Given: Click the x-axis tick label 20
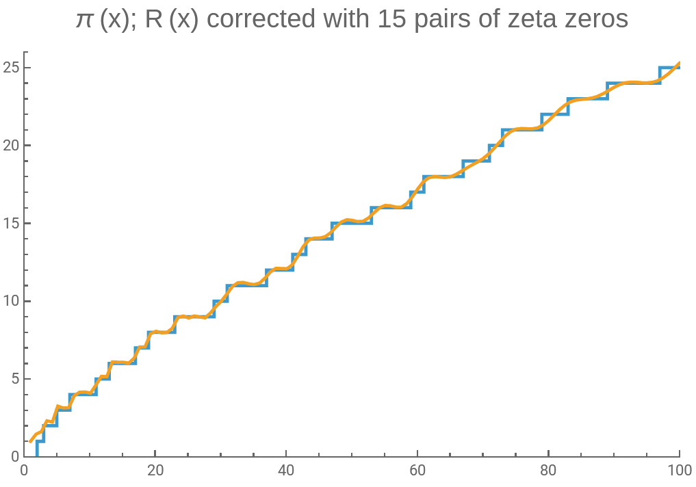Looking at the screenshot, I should click(x=155, y=471).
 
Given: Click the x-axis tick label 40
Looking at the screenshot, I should click(x=286, y=471).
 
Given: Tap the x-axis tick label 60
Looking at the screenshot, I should click(x=417, y=471).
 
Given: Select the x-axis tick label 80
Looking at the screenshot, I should click(x=548, y=471).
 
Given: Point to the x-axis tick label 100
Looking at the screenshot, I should click(x=679, y=471).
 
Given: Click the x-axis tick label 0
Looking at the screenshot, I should click(x=25, y=471).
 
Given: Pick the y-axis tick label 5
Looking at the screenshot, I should click(x=14, y=379).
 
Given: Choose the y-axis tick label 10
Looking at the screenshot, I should click(x=10, y=301).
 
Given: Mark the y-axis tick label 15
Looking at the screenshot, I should click(x=10, y=223).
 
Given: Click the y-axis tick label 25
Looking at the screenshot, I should click(x=10, y=68).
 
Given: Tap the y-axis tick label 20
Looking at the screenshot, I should click(x=10, y=146).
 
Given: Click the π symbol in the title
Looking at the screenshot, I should click(x=84, y=19).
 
